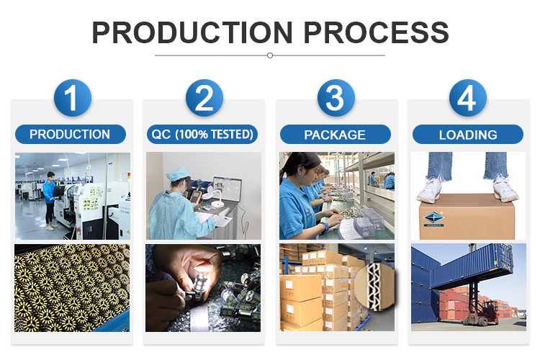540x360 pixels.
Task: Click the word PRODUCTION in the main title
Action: tap(192, 32)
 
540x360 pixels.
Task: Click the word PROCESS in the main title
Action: tap(376, 32)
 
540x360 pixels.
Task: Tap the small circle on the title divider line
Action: tap(270, 55)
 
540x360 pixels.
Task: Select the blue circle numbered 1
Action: tap(72, 98)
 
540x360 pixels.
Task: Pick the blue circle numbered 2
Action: tap(204, 98)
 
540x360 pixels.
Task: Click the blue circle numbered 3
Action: tap(336, 98)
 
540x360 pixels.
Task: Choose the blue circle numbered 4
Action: tap(468, 98)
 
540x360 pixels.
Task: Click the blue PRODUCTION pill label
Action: tap(71, 135)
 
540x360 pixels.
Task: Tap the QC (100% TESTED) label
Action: tap(202, 135)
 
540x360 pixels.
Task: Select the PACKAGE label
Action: tap(335, 135)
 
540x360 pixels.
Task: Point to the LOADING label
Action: tap(468, 135)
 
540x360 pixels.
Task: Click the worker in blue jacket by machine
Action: tap(50, 201)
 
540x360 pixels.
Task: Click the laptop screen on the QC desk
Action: tap(228, 189)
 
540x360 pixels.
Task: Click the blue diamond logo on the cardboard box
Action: tap(433, 219)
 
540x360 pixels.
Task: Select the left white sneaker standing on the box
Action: tap(429, 189)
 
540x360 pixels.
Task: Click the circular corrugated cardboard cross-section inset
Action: tap(374, 287)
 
